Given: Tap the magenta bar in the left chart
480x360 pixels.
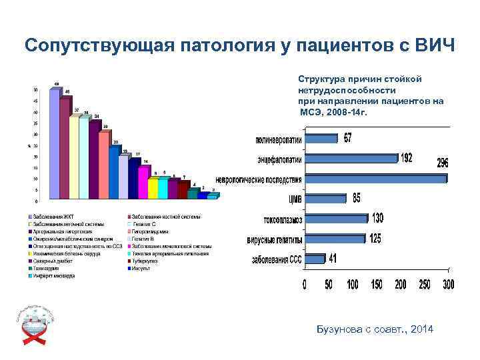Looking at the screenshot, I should point(143,182).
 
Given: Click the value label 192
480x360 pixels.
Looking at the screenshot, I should point(406,158).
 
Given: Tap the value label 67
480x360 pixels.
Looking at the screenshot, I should point(348,138).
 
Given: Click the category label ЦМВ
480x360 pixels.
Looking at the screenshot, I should point(294,199).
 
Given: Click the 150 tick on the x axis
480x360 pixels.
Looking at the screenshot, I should point(377,285).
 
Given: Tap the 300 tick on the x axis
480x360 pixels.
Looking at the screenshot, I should point(448,285).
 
